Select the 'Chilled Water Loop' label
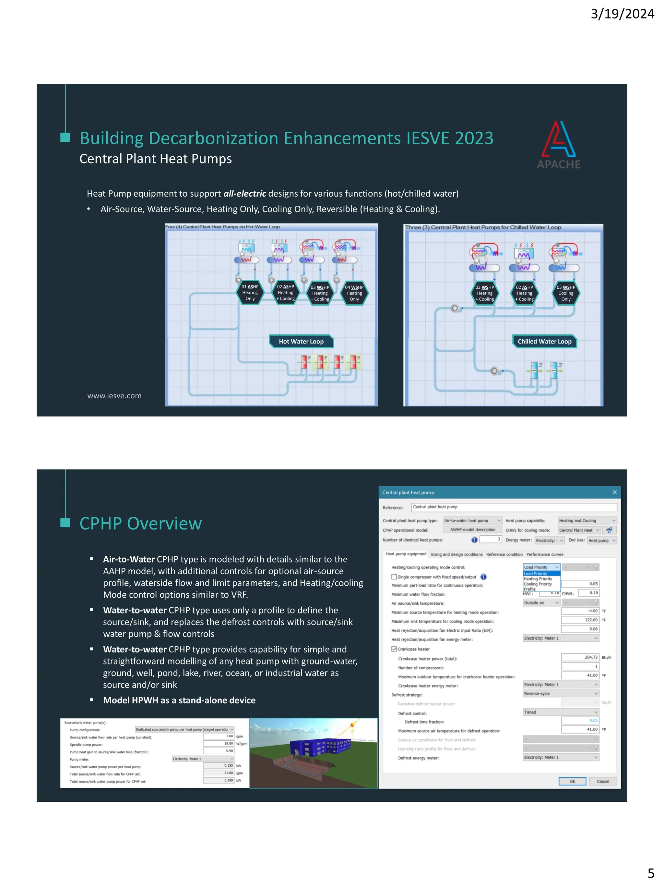544,341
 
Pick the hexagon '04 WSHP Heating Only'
354,293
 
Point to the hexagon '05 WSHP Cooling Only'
565,293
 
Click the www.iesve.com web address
114,396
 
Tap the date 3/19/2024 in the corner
622,14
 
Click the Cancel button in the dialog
603,782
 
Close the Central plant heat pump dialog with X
614,492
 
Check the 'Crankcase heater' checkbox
394,649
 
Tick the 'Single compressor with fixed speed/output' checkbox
394,577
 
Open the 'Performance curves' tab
544,554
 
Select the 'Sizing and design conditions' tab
456,554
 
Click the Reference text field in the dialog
514,507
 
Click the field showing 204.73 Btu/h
580,657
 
